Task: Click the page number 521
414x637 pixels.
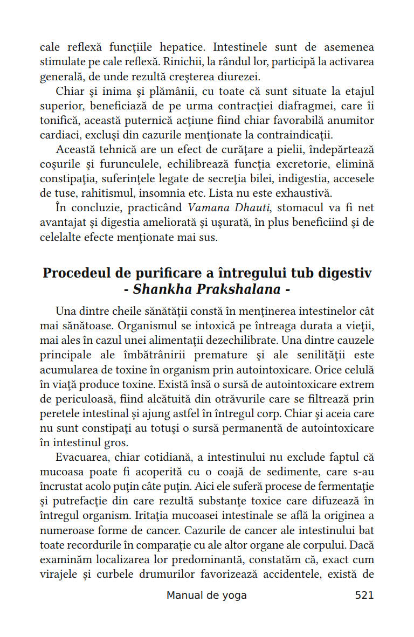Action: (x=364, y=596)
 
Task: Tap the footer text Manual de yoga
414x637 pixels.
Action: (x=206, y=596)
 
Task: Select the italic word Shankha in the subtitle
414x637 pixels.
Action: (x=159, y=289)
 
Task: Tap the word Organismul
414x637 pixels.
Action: (x=146, y=327)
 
